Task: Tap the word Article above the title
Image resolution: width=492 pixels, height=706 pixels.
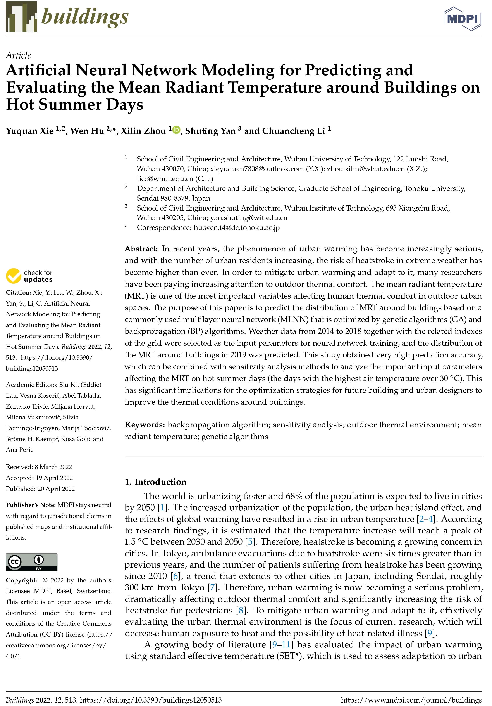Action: (18, 55)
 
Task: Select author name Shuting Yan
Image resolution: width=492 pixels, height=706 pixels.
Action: (210, 131)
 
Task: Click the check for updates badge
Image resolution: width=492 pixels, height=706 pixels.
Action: (29, 276)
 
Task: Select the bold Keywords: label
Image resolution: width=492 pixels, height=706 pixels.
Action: (145, 425)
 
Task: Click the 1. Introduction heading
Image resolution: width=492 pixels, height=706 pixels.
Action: (155, 482)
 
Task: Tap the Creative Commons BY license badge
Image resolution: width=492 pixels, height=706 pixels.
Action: (32, 562)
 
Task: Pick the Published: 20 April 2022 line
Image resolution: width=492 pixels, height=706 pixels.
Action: (40, 489)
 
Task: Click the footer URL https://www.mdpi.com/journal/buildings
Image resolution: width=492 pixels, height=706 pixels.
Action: (411, 700)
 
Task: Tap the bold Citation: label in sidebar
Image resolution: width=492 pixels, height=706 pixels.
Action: (18, 292)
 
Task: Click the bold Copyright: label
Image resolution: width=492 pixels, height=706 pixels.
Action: (21, 580)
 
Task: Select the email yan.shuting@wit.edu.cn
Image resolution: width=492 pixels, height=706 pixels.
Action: (249, 218)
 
